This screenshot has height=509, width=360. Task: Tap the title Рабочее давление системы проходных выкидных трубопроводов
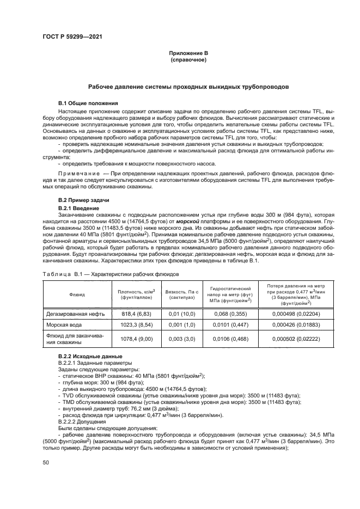tap(188, 87)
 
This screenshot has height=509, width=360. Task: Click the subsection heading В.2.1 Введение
tap(78, 208)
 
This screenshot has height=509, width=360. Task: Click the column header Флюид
tap(77, 294)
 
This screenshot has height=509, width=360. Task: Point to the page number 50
tap(46, 462)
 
